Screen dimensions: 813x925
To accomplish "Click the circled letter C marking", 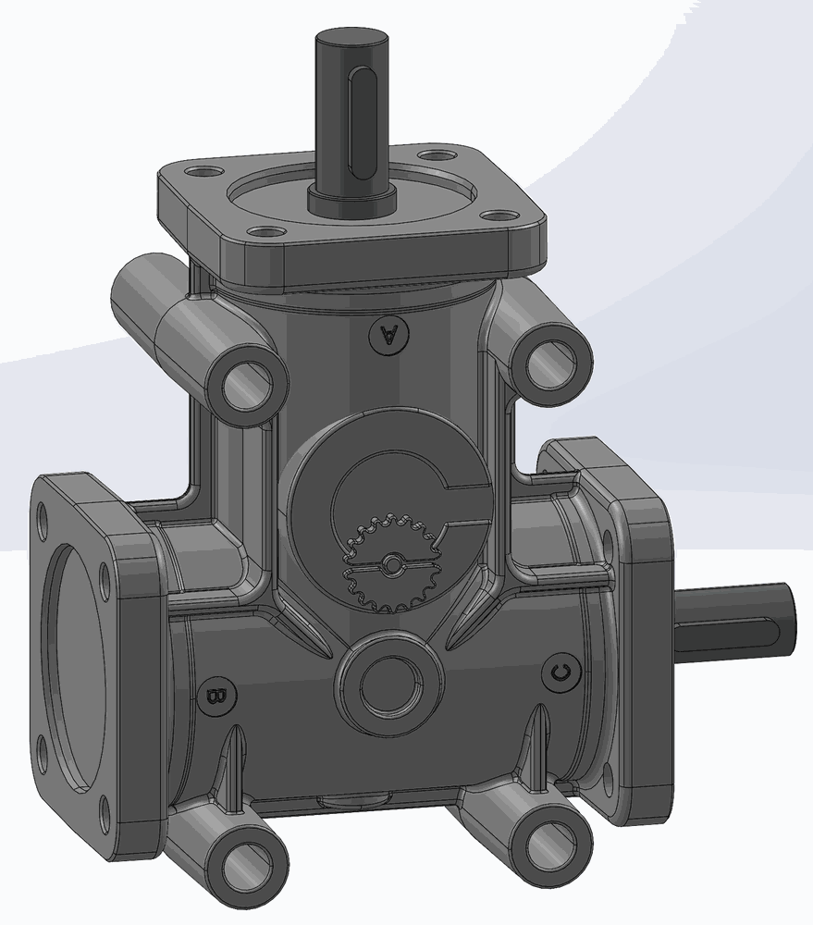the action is click(560, 671).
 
